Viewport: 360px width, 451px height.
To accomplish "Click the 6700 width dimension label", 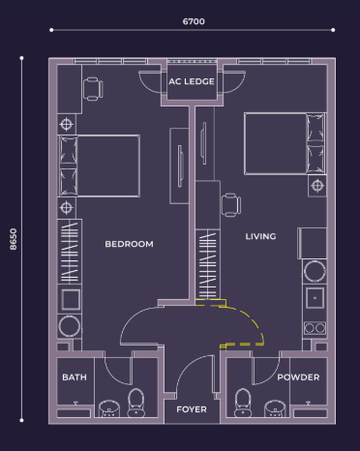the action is coord(194,21).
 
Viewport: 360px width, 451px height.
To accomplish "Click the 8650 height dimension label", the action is coord(14,239).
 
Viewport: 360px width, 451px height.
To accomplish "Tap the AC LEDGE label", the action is coord(192,81).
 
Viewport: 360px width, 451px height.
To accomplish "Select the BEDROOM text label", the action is coord(129,244).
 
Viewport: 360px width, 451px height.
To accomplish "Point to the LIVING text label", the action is coord(260,236).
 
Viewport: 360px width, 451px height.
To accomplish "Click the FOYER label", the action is coord(192,409).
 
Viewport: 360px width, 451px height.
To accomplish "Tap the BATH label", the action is coord(75,377).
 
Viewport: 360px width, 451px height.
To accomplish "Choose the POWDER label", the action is coord(298,377).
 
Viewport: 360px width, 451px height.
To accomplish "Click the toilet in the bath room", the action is coord(136,403).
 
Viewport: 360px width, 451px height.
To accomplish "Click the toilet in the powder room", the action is coord(243,403).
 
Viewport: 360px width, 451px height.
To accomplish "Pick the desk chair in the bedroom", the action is coord(93,89).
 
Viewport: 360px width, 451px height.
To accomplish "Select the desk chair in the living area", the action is coord(231,205).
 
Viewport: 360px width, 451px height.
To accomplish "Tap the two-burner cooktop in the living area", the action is coord(315,328).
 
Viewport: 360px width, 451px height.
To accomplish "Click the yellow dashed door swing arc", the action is coord(254,319).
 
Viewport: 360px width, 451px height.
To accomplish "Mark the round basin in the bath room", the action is coord(109,408).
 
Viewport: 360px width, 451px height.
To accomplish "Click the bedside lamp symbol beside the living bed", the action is coord(317,186).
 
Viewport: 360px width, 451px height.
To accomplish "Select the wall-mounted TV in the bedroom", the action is coord(180,165).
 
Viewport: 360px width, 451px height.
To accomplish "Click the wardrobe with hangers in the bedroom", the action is coord(70,252).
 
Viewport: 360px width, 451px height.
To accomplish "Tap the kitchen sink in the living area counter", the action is coord(315,297).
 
